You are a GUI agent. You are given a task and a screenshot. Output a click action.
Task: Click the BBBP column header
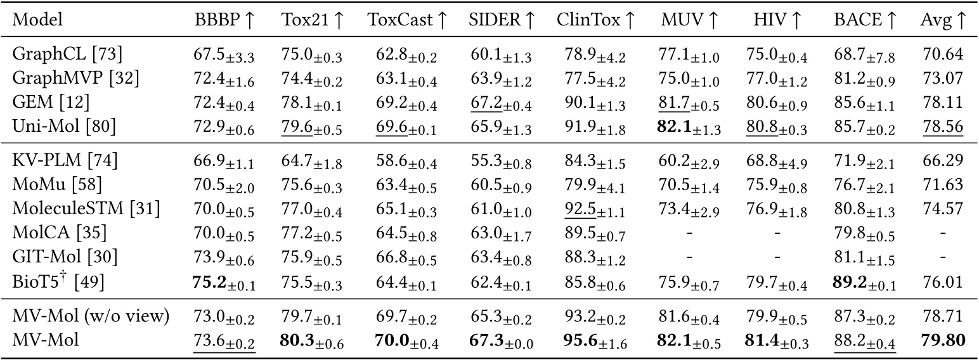click(x=224, y=20)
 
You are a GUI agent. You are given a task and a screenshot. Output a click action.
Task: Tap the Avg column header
click(x=943, y=20)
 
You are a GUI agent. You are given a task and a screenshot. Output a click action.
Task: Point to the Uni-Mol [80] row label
click(x=64, y=127)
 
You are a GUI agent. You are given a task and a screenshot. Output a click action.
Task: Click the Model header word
click(x=34, y=20)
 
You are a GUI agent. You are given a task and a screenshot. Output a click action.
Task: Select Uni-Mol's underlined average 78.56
click(x=942, y=127)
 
